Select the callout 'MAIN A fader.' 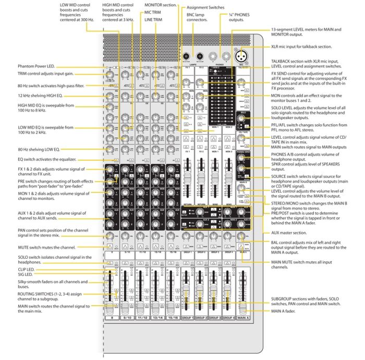[x=285, y=311]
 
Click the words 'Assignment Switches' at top [x=205, y=8]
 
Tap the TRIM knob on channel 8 [x=111, y=76]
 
